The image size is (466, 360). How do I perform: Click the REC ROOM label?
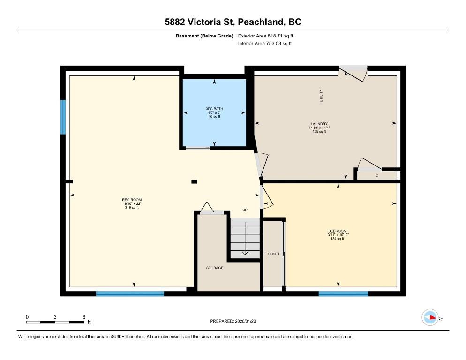(x=132, y=200)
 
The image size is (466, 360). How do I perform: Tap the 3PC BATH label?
(x=214, y=109)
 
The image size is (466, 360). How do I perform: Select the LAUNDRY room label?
(x=319, y=124)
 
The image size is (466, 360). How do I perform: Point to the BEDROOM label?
(x=338, y=231)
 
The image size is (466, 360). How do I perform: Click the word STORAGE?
(x=215, y=268)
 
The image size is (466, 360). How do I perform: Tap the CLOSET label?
(x=272, y=254)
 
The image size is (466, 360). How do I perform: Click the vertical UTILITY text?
(x=321, y=96)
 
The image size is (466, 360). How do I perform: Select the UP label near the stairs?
(x=245, y=210)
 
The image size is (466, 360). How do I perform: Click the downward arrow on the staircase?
(x=245, y=239)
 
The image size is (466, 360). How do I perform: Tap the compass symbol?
(x=430, y=317)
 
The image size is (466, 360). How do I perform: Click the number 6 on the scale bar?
(x=84, y=317)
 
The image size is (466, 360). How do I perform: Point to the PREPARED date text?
(x=233, y=321)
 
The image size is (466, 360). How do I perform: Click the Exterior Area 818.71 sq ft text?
(x=265, y=36)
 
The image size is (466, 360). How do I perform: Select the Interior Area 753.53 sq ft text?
(x=265, y=44)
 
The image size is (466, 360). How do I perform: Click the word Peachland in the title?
(x=260, y=22)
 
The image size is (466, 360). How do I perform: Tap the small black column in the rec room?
(x=194, y=181)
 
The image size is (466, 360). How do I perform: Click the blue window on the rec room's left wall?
(x=63, y=117)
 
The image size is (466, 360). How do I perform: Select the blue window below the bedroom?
(x=343, y=294)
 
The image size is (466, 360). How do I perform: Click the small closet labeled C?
(x=377, y=175)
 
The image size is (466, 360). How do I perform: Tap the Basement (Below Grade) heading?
(x=204, y=36)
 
